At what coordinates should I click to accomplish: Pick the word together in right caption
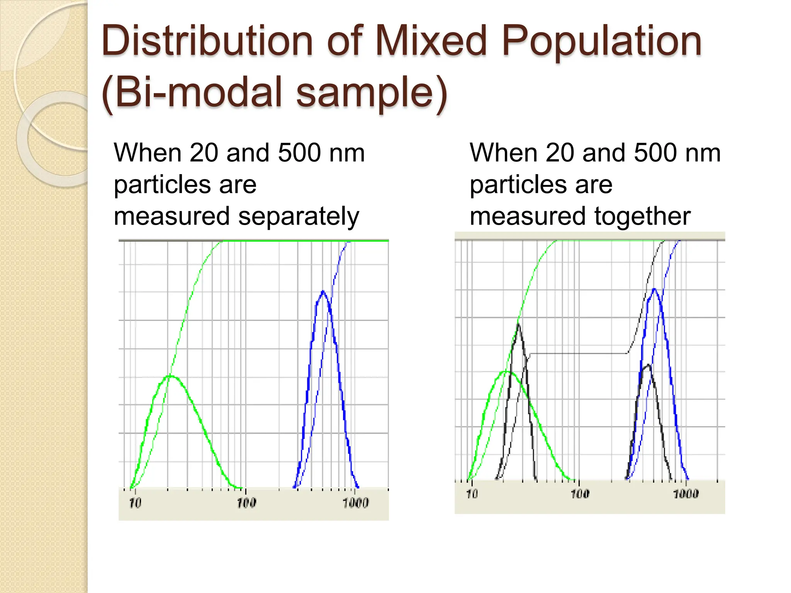pyautogui.click(x=642, y=217)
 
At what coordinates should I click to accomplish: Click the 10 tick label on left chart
pyautogui.click(x=135, y=503)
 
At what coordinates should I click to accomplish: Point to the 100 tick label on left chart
pyautogui.click(x=246, y=503)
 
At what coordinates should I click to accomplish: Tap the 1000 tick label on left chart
pyautogui.click(x=356, y=503)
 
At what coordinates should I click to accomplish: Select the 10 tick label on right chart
pyautogui.click(x=472, y=494)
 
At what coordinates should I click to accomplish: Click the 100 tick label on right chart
pyautogui.click(x=580, y=494)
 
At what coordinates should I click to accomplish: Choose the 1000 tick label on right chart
pyautogui.click(x=686, y=494)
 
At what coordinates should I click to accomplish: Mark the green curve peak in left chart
pyautogui.click(x=170, y=376)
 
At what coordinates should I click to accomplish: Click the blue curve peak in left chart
pyautogui.click(x=323, y=291)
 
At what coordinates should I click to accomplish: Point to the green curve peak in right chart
pyautogui.click(x=506, y=371)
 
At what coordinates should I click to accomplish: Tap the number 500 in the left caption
pyautogui.click(x=299, y=153)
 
